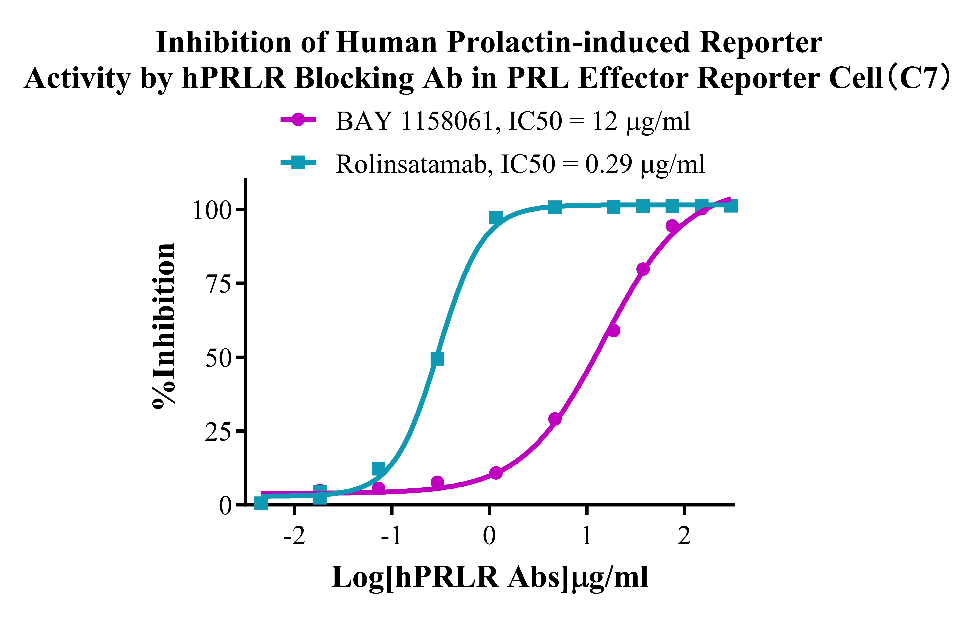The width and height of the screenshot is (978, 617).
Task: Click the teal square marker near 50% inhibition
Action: tap(437, 359)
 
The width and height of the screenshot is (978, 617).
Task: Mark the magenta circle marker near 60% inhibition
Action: tap(614, 330)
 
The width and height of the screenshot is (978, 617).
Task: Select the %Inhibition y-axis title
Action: tap(165, 325)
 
